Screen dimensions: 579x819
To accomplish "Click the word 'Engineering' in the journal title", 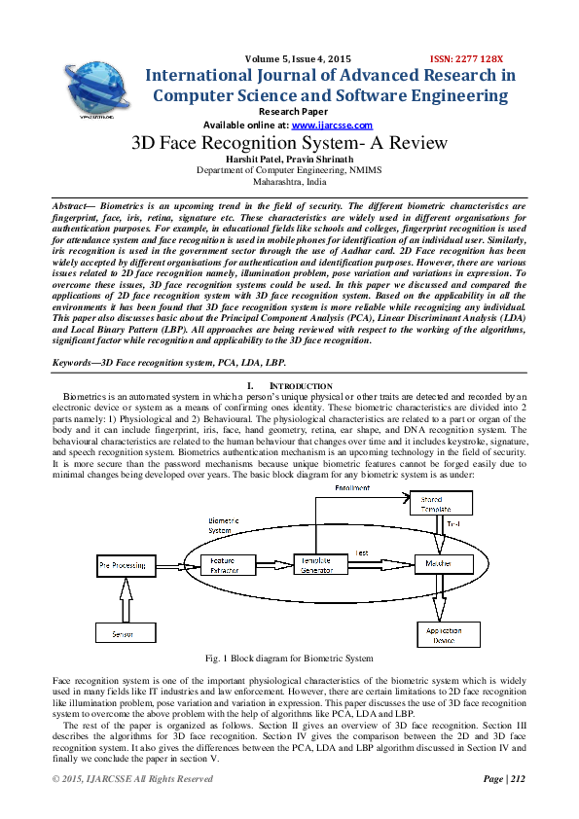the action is [x=455, y=95].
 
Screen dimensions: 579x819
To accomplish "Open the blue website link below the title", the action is [x=333, y=125].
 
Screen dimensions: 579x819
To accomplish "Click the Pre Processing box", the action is [x=126, y=564].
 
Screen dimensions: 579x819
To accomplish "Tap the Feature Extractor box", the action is [x=227, y=564].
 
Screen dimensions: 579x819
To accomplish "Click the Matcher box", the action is [x=445, y=564].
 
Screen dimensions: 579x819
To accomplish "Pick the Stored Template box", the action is [x=441, y=503].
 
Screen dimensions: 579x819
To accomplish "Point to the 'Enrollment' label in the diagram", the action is [x=352, y=486].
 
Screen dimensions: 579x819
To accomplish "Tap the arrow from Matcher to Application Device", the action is [x=440, y=596].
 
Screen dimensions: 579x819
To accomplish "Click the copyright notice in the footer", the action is [x=131, y=779].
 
